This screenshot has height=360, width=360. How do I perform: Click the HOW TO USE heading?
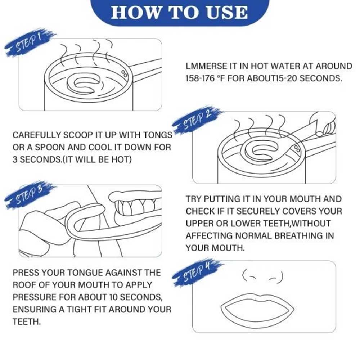(179, 12)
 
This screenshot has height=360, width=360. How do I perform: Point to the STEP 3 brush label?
(30, 195)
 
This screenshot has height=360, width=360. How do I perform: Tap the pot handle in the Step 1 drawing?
(145, 68)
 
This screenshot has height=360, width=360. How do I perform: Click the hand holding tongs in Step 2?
(324, 125)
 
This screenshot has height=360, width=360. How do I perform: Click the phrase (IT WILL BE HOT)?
(97, 159)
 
